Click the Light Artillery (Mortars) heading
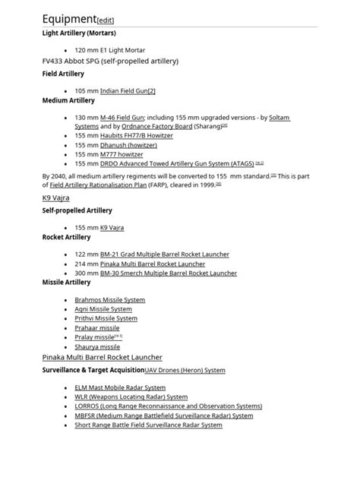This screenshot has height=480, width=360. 78,33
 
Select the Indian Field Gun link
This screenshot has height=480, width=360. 128,89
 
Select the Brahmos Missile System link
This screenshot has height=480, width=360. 109,300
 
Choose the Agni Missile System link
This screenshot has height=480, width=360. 103,309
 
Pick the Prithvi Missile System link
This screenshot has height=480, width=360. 106,318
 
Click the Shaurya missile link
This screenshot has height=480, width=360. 97,346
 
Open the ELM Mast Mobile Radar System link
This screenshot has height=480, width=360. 120,388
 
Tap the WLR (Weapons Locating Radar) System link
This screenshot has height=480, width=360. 131,397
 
